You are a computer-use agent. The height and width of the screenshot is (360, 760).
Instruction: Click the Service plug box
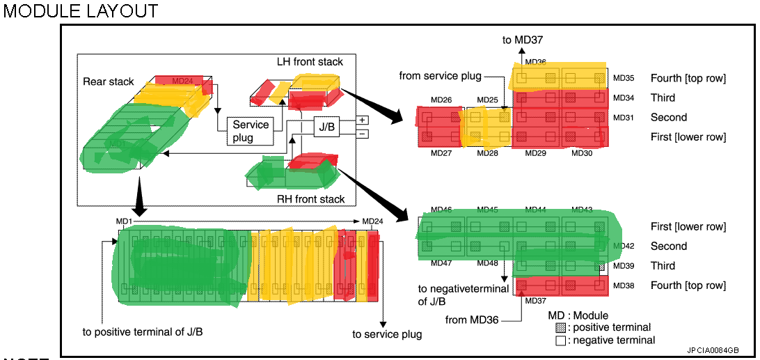click(251, 131)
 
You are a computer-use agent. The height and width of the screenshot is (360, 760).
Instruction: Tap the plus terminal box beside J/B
click(363, 119)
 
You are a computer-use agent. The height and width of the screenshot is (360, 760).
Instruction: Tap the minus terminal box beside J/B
click(363, 134)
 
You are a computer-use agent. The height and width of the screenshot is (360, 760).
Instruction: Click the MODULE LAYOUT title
click(81, 11)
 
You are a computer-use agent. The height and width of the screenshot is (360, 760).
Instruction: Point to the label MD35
click(623, 78)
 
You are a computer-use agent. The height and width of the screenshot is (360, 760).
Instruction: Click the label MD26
click(441, 100)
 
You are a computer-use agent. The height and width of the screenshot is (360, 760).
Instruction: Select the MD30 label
click(583, 152)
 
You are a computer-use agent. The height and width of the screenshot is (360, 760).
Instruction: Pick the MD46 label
click(441, 210)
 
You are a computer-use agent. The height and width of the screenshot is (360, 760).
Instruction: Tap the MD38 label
click(624, 285)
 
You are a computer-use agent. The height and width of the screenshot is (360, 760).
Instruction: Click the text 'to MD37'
click(522, 40)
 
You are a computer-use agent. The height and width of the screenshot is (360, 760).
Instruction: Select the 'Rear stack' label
click(108, 81)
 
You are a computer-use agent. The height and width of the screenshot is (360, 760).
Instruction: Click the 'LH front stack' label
click(310, 62)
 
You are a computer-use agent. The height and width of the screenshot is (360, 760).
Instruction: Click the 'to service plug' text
click(387, 334)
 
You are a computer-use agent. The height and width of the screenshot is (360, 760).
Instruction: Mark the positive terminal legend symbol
click(560, 327)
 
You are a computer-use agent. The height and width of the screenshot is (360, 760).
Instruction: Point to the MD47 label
click(441, 263)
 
